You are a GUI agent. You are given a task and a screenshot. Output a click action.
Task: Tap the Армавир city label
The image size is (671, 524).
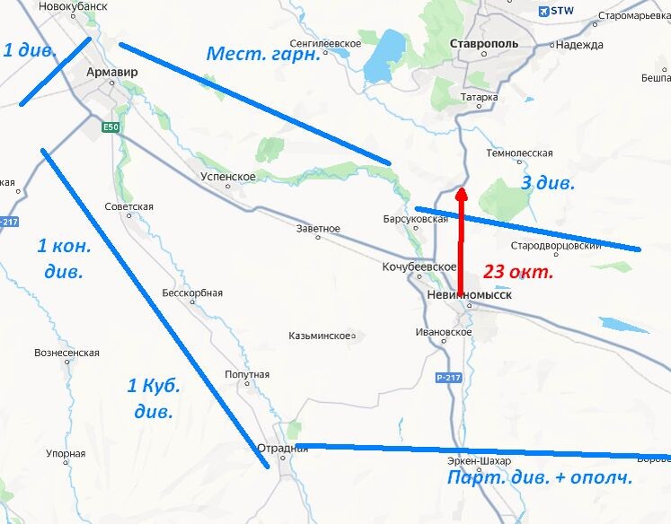point(112,70)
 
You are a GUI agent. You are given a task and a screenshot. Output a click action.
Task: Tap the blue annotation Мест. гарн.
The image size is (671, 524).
point(263,54)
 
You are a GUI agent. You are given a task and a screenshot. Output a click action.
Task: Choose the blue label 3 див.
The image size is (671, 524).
point(548,183)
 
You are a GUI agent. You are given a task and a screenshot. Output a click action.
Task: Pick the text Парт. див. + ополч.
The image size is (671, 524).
point(540,477)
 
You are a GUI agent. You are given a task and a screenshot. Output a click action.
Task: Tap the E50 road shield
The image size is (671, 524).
point(110,127)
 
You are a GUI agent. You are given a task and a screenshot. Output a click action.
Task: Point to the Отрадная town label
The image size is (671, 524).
point(282,449)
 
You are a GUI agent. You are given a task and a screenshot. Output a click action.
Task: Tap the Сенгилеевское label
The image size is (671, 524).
point(325,43)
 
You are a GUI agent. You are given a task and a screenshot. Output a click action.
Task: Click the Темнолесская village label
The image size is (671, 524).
point(519,153)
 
